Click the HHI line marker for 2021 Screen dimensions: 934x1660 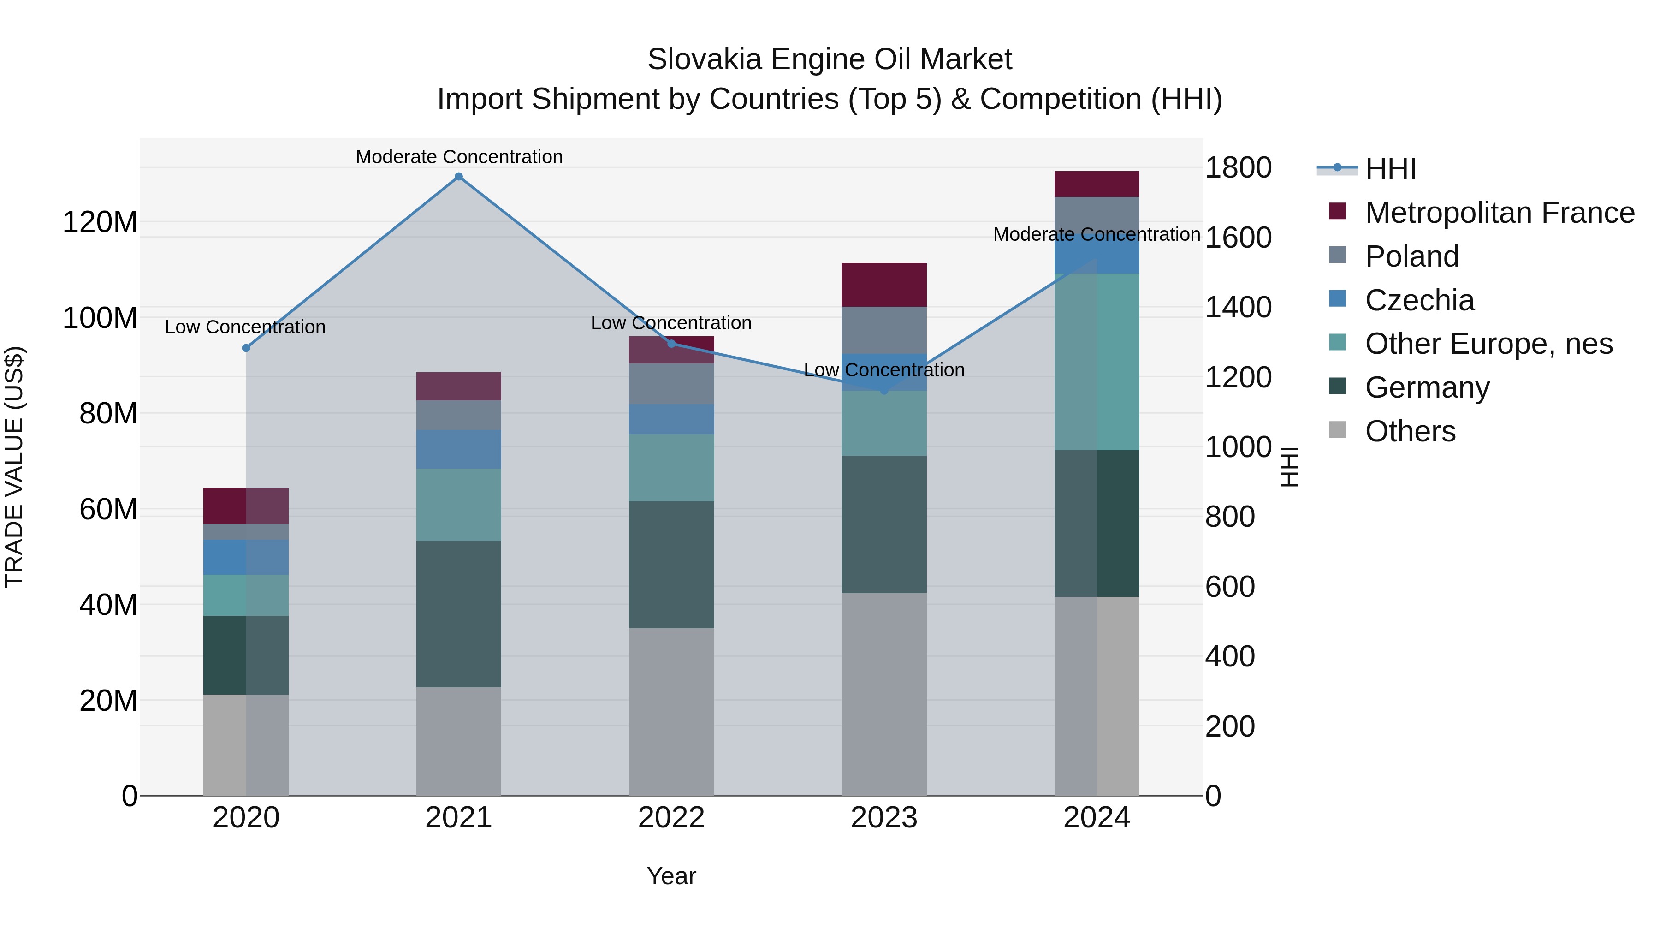coord(459,177)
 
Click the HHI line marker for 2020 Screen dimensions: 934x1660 coord(245,348)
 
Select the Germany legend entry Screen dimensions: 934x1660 coord(1427,387)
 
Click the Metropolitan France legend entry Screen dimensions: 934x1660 coord(1499,213)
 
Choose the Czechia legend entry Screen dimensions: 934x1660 coord(1419,300)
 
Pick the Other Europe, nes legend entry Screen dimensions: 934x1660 coord(1488,344)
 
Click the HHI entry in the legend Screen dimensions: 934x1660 coord(1390,169)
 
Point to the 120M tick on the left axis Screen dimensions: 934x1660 coord(100,222)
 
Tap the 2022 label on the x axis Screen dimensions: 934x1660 coord(671,818)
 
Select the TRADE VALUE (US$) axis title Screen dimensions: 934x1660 coord(14,467)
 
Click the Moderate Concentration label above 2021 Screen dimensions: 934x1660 coord(459,157)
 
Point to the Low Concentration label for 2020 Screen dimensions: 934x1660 coord(245,327)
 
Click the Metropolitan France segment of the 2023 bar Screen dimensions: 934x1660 coord(884,285)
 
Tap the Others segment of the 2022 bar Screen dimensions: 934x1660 coord(671,712)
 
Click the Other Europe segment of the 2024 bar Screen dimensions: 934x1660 coord(1097,362)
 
